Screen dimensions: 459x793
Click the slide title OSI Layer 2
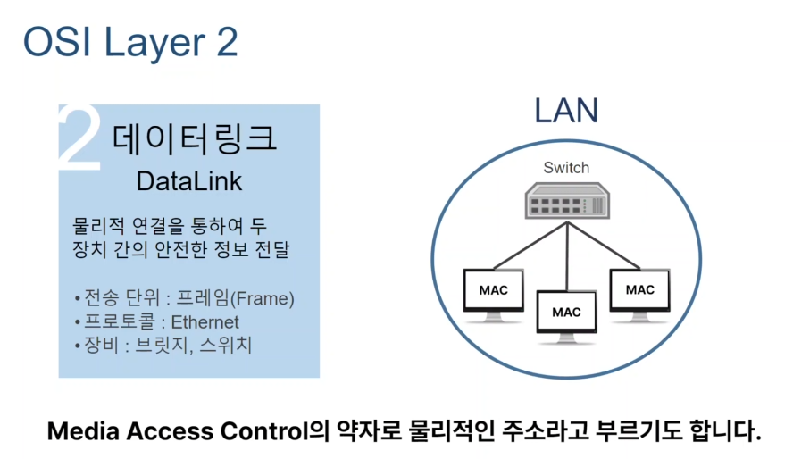pos(129,43)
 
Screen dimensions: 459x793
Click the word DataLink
pos(189,181)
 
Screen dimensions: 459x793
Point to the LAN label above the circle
pos(566,111)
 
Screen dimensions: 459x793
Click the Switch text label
pos(566,168)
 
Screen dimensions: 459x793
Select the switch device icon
pos(566,202)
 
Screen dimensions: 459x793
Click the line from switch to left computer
pos(527,245)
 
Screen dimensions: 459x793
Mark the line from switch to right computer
pos(605,245)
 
